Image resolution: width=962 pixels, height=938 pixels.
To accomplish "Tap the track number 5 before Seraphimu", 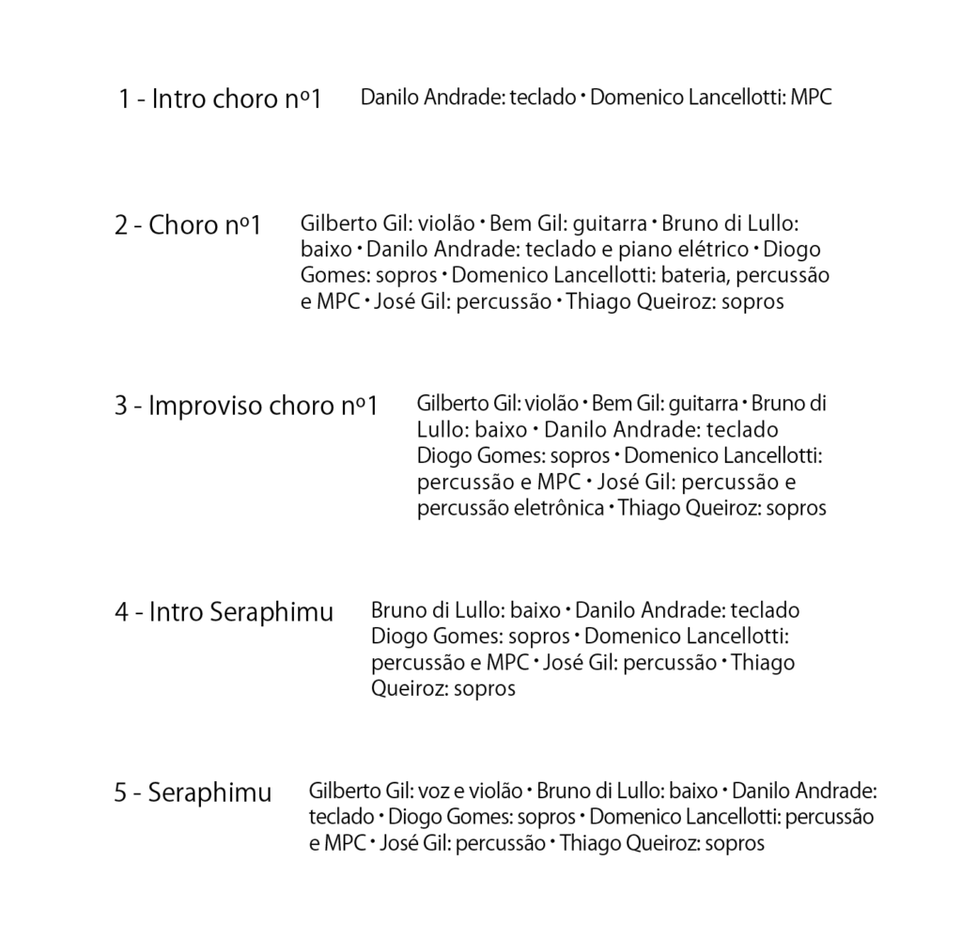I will [x=120, y=793].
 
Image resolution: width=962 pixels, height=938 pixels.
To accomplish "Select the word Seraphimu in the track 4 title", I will [x=272, y=613].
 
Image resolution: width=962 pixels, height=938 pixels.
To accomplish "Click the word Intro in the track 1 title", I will [x=178, y=99].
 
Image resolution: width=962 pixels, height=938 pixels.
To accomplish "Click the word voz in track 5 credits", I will [x=432, y=791].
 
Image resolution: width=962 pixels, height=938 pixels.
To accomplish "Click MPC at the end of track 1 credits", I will [x=811, y=97].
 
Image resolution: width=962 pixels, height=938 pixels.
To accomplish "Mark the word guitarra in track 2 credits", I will [x=610, y=224].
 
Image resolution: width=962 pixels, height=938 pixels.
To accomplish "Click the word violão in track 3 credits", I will [x=550, y=404].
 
